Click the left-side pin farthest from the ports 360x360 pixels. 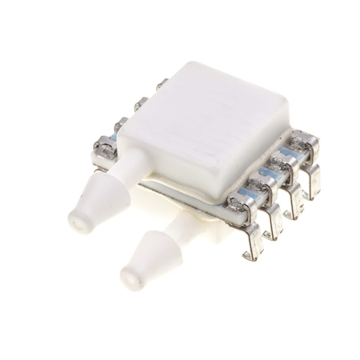tap(163, 83)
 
